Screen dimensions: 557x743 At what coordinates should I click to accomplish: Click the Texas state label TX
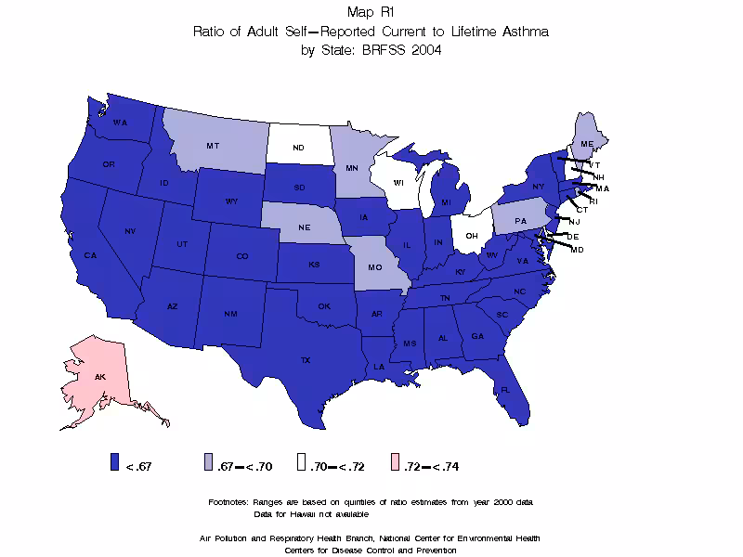[305, 358]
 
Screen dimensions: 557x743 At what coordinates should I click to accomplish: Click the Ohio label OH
[471, 236]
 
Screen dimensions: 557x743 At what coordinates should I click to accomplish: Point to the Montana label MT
[213, 146]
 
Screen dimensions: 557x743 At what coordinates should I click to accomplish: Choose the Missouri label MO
[375, 266]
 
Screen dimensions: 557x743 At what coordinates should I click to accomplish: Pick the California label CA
[90, 255]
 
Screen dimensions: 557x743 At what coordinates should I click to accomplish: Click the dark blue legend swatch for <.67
[115, 466]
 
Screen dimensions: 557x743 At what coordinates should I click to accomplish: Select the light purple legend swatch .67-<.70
[210, 466]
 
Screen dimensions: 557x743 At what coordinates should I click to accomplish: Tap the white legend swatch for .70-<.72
[300, 466]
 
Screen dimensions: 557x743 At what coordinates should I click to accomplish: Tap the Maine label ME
[586, 145]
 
